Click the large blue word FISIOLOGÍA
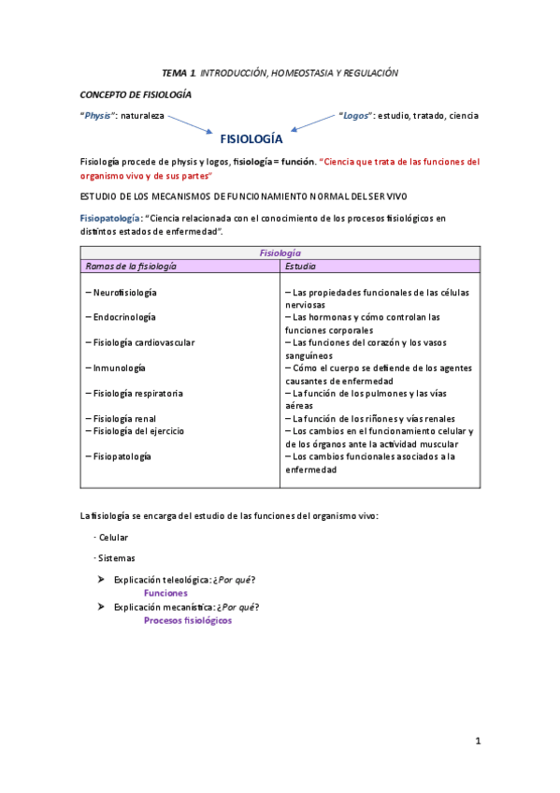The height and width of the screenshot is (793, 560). point(251,139)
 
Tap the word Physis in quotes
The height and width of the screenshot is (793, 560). point(98,116)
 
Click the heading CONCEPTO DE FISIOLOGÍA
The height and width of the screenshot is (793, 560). point(136,94)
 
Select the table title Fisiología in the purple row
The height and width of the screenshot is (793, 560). point(280,252)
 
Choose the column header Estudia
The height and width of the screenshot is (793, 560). point(301,266)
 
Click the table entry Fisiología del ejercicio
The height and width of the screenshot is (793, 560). point(136,431)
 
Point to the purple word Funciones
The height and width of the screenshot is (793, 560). point(165,593)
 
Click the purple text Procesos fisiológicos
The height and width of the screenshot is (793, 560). point(187,620)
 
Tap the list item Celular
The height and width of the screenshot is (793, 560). point(112,538)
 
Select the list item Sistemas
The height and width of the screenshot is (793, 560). point(115,558)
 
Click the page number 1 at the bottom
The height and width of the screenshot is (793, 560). point(477,741)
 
